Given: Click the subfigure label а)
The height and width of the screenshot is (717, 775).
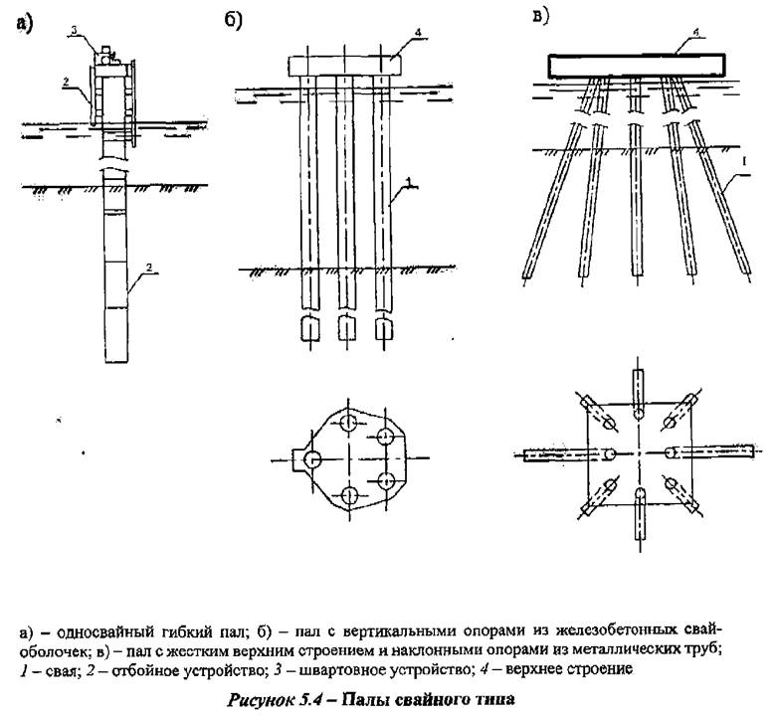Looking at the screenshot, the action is point(24,24).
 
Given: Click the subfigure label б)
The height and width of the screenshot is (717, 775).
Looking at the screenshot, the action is point(233,21).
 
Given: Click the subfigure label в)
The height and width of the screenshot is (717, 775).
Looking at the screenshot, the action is point(540,16).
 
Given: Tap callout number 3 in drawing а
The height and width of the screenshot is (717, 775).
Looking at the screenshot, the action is point(75,31).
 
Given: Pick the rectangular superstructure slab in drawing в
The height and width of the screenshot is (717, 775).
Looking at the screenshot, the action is point(637,67).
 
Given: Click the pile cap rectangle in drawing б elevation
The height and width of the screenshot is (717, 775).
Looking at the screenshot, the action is point(344,66).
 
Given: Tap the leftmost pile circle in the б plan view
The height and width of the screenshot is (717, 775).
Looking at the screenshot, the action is point(311,459).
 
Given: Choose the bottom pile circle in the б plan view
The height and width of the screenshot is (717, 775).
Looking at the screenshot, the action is point(349,494).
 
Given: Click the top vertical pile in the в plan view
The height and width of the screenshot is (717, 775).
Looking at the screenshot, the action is point(639,394).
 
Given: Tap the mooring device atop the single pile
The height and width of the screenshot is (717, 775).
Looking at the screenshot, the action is point(106,56).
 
